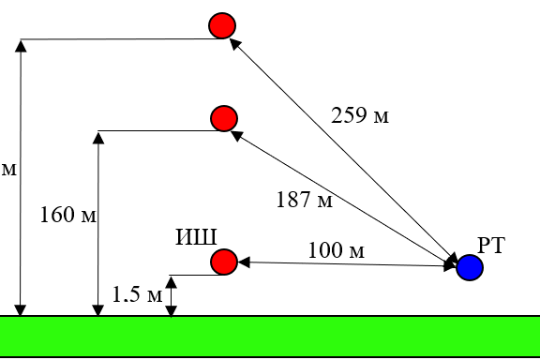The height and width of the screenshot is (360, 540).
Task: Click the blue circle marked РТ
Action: pos(470,268)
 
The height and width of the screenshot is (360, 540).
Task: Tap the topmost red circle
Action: pos(222,25)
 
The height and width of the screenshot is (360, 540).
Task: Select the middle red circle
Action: pos(224,118)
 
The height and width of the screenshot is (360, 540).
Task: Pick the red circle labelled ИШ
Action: pos(224,262)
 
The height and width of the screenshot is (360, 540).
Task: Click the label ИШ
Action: pos(196,237)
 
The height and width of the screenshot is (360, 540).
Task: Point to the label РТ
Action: pos(491,246)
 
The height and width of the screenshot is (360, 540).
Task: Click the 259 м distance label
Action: pos(360,115)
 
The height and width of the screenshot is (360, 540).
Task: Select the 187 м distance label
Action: pos(305,200)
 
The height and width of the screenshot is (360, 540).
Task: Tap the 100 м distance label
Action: pos(337,250)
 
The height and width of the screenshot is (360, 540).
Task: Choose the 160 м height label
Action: pos(68,215)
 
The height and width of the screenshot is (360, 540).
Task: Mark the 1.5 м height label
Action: pos(137,294)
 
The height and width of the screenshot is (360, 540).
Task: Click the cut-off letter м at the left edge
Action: pos(9,170)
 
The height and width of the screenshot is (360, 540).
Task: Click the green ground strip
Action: pos(270,337)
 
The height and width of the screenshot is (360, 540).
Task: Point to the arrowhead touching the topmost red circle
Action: pos(235,44)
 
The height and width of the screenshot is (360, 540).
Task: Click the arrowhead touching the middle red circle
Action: pos(236,135)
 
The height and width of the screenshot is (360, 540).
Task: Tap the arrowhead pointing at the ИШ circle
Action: pos(244,262)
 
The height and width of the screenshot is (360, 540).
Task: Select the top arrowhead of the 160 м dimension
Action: pos(98,138)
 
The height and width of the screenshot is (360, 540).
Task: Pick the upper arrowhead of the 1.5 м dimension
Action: pos(172,282)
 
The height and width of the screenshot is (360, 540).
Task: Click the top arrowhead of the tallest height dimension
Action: pos(21,46)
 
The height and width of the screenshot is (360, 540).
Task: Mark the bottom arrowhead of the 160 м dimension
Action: pos(98,310)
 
